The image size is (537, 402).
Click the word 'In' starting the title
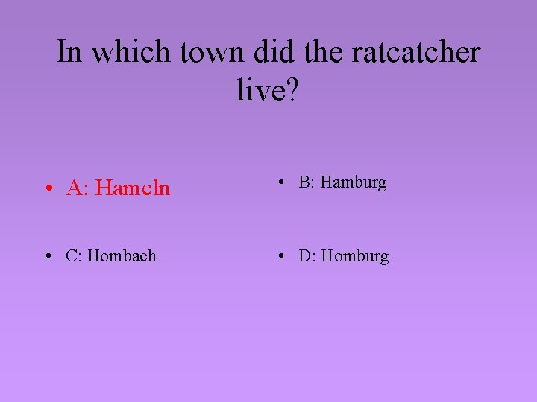(x=69, y=53)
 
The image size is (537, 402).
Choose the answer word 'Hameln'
(x=133, y=188)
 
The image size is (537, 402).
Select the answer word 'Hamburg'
(x=354, y=182)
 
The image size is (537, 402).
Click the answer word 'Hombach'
(x=122, y=256)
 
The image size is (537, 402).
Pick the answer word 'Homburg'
(x=355, y=256)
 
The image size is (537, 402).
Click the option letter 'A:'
(x=78, y=188)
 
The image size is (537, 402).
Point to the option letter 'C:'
(x=75, y=256)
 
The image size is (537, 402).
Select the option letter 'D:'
(x=308, y=256)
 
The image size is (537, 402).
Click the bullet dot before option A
(x=47, y=189)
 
